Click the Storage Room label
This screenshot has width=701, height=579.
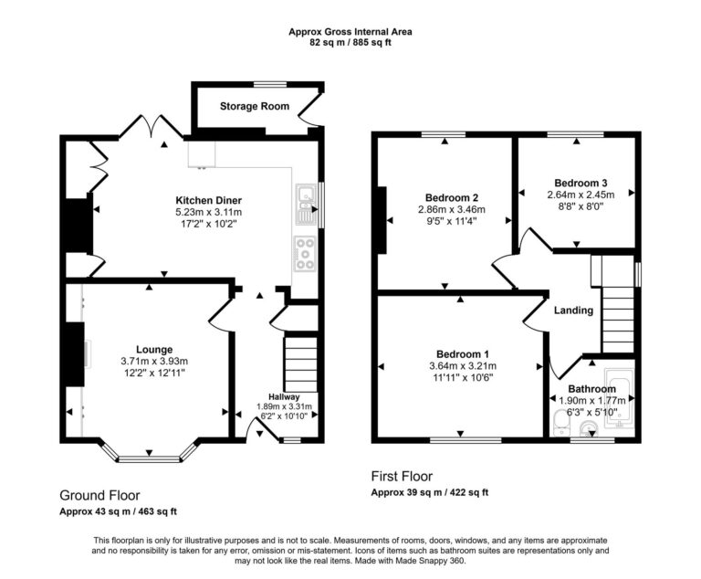click(254, 107)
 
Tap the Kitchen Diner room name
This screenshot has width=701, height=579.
click(208, 201)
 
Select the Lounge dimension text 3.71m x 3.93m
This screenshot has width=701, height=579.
click(155, 362)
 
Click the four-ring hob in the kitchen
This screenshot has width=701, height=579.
click(304, 253)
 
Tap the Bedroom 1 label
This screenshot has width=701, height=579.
click(462, 354)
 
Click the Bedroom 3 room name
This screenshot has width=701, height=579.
click(580, 182)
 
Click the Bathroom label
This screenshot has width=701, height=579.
click(592, 388)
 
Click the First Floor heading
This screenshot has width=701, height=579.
click(402, 476)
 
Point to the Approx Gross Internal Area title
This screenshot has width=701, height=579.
click(350, 31)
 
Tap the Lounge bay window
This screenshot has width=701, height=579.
click(149, 454)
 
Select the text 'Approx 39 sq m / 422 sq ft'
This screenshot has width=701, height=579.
click(429, 492)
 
